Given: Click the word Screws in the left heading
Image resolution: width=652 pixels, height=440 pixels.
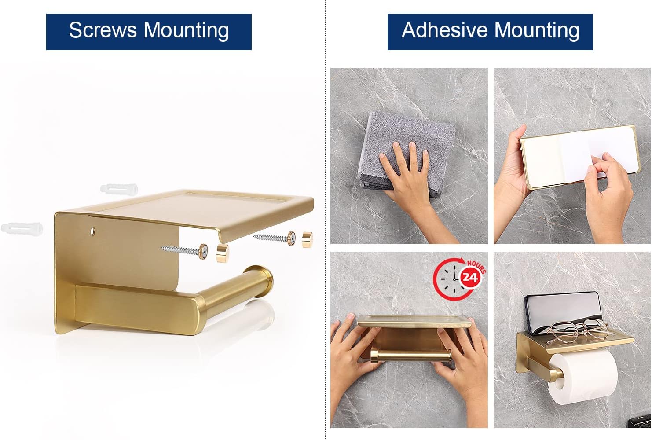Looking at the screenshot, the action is [x=103, y=30].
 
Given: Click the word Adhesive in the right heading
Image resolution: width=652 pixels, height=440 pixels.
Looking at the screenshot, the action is [x=445, y=30].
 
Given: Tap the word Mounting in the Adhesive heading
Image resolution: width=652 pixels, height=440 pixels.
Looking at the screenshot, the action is [x=537, y=31].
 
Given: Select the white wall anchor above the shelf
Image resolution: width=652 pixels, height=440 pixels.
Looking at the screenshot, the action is [x=119, y=189].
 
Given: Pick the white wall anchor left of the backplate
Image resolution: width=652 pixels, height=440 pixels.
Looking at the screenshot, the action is [x=22, y=228].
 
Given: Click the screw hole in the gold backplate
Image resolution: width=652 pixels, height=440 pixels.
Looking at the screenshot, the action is [x=92, y=231].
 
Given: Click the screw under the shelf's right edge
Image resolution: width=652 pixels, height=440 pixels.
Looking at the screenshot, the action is [x=275, y=238].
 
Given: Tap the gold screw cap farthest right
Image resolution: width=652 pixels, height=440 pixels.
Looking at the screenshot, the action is [x=307, y=239].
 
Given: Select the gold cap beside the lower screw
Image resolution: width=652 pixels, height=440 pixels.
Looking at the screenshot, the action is [x=223, y=253].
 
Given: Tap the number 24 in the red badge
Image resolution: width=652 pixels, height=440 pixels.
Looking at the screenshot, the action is [x=470, y=277].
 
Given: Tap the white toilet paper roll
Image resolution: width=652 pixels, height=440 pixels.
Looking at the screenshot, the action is [x=582, y=377].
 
